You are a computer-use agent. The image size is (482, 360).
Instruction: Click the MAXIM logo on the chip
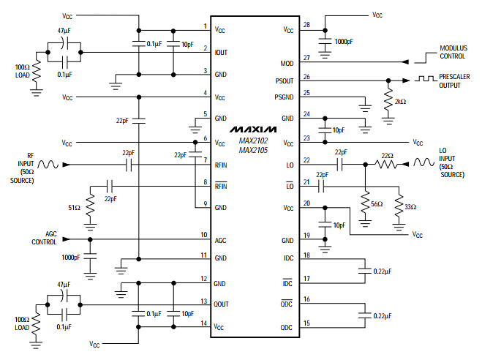point(253,128)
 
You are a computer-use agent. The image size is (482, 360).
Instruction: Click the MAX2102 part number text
point(253,141)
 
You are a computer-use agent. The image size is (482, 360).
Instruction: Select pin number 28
point(306,25)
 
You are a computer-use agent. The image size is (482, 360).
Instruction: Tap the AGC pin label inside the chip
point(220,240)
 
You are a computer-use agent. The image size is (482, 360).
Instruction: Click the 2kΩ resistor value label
point(400,102)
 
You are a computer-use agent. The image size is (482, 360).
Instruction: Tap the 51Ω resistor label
point(74,208)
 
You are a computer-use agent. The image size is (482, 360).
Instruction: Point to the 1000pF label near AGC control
point(72,258)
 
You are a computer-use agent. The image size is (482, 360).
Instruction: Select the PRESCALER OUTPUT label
point(453,80)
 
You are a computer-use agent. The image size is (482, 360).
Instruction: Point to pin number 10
point(204,234)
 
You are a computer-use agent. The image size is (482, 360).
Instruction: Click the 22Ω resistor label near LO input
point(387,155)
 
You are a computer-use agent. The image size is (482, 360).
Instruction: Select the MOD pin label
point(287,64)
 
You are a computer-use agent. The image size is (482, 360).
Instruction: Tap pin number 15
point(306,323)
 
